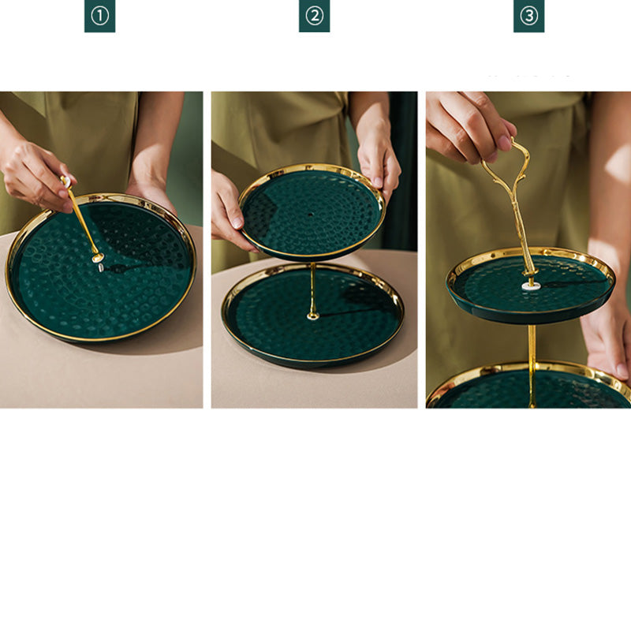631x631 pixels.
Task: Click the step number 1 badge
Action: [x=100, y=16]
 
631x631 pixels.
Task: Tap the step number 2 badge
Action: [x=314, y=16]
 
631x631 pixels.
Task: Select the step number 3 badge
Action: [x=528, y=16]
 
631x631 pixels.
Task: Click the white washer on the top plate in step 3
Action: [x=530, y=286]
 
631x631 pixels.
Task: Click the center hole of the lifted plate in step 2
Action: [x=310, y=215]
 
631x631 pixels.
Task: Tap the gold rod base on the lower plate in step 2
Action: [x=312, y=316]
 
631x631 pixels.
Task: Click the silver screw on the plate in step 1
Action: [x=101, y=267]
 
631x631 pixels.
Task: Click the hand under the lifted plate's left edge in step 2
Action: [x=230, y=213]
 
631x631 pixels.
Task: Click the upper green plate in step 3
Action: [x=530, y=285]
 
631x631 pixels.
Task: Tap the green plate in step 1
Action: [x=101, y=267]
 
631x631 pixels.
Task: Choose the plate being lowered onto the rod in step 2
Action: [x=312, y=211]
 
